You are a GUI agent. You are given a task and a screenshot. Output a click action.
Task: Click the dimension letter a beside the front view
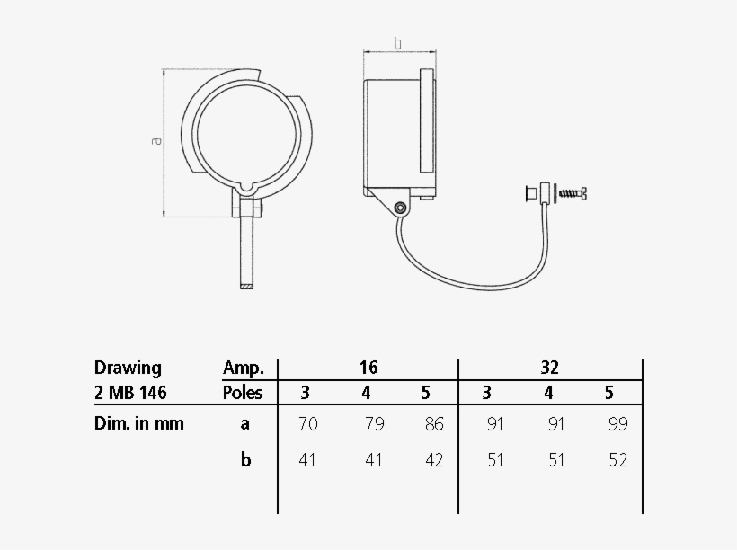point(156,141)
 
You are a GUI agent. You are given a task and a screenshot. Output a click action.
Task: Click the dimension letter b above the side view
point(397,42)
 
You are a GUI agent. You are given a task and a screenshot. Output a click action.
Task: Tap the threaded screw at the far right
point(572,192)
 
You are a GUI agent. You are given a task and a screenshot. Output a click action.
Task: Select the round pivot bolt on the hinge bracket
point(400,208)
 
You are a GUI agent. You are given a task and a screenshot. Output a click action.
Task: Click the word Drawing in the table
point(128,368)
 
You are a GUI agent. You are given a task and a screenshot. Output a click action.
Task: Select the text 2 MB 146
point(130,393)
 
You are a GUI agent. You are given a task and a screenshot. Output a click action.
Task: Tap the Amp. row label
point(243,368)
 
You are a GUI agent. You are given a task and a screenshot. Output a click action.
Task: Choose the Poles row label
point(243,393)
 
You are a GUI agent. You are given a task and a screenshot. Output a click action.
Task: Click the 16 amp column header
point(368,368)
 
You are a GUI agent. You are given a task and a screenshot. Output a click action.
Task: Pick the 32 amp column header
point(550,368)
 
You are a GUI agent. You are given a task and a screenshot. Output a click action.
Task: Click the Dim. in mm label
point(139,424)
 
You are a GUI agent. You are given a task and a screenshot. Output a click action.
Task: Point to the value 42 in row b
point(434,460)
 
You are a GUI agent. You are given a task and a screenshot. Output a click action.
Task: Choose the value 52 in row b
point(617,460)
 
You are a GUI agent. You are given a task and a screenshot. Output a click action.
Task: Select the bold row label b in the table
point(244,460)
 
